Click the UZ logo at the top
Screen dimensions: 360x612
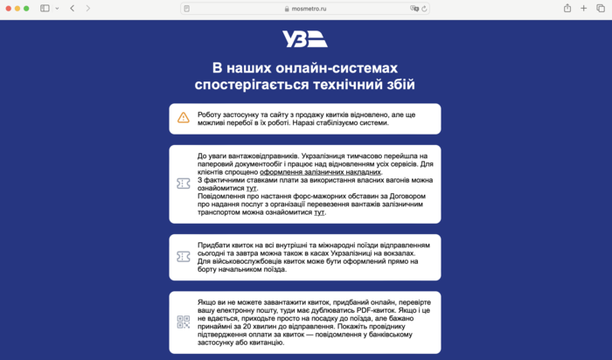[305, 39]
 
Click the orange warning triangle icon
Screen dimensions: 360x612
[184, 118]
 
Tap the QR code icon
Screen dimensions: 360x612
[184, 322]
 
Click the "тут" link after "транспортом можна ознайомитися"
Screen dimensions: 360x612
[319, 211]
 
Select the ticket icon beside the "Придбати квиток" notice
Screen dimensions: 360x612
[184, 257]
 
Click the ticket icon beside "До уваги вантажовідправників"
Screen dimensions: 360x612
[184, 183]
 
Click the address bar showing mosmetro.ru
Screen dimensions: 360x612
[306, 8]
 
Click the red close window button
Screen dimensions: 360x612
[6, 8]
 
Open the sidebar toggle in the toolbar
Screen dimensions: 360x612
[45, 8]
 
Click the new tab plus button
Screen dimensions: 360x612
[583, 8]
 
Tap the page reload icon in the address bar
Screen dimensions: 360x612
[424, 8]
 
